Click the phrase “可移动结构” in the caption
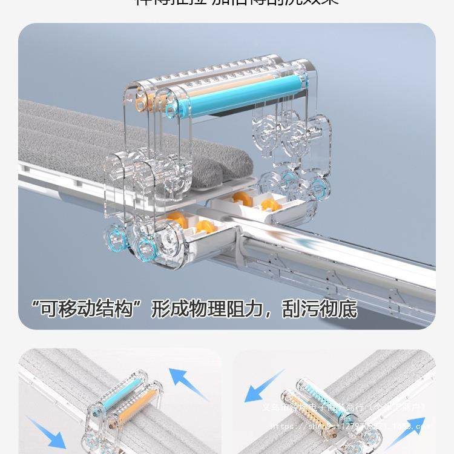[x=85, y=309]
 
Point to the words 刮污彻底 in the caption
[x=320, y=309]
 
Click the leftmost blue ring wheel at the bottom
[x=114, y=238]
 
